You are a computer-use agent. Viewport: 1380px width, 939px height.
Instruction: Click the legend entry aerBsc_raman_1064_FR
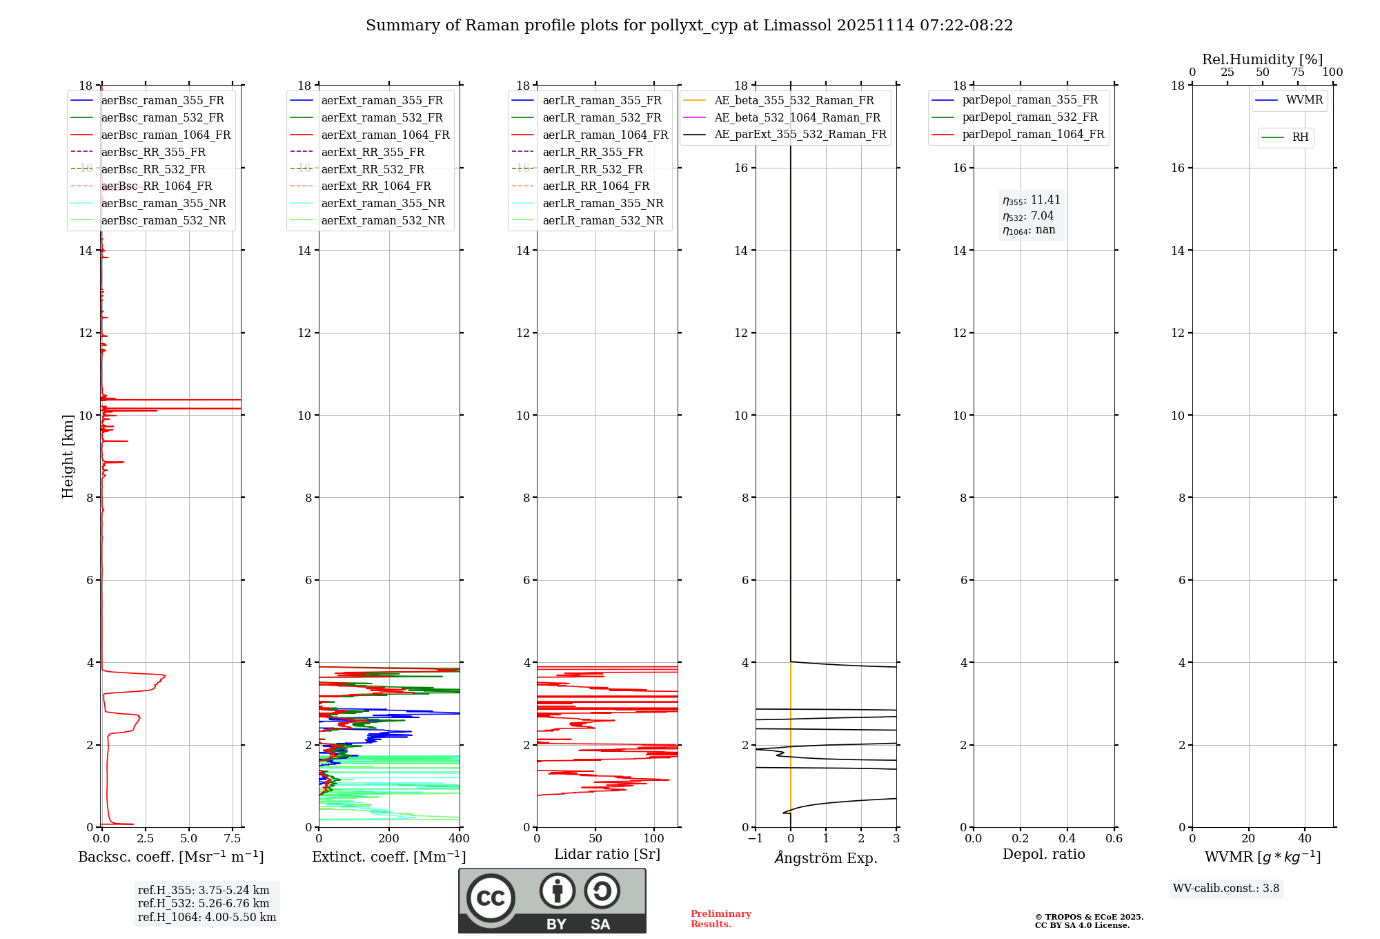pos(166,135)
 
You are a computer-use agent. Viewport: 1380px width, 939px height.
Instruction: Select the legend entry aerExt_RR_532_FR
pos(373,169)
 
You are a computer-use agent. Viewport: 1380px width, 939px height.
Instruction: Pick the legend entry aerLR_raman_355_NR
pos(602,204)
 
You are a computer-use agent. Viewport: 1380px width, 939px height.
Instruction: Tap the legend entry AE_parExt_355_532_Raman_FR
pos(800,135)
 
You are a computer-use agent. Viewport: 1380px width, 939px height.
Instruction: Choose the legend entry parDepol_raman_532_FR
pos(1029,117)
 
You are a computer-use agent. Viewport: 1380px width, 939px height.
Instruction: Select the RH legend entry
pos(1300,137)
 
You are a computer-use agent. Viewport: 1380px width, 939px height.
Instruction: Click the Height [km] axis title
pos(68,456)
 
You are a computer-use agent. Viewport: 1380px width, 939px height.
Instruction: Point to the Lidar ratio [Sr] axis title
pos(607,854)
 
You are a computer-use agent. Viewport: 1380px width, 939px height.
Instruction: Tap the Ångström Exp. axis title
pos(825,858)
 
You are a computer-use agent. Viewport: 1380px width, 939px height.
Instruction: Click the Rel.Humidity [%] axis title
pos(1262,59)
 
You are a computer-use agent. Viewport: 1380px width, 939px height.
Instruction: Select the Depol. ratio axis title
pos(1043,854)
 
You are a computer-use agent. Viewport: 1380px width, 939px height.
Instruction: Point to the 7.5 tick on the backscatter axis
pos(233,839)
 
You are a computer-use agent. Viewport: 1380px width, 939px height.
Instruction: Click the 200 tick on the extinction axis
pos(389,839)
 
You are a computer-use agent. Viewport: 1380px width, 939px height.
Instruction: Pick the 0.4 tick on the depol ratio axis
pos(1067,839)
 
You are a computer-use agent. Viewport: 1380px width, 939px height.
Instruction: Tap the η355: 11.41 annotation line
pos(1032,200)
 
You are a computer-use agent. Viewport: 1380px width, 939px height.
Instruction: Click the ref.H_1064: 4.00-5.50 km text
pos(207,917)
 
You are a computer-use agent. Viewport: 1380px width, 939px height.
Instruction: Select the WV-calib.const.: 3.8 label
pos(1225,889)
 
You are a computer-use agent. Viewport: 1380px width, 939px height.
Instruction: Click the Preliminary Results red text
pos(720,919)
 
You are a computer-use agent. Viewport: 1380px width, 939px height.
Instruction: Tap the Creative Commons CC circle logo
pos(491,898)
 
